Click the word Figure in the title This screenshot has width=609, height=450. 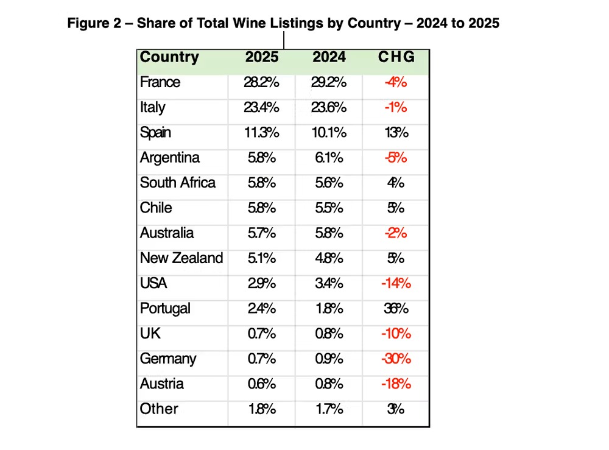tap(90, 24)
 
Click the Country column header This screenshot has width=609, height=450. tap(169, 57)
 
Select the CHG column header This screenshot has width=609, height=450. tap(396, 57)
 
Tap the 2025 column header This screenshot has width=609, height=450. tap(262, 57)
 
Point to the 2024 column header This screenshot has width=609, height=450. tap(329, 57)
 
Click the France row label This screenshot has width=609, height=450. tap(160, 82)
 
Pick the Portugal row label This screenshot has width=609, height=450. tap(165, 308)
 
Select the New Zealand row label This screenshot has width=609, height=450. tap(181, 258)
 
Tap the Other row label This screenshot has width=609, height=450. tap(159, 409)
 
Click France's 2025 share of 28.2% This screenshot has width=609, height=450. tap(262, 83)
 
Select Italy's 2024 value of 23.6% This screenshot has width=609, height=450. tap(329, 108)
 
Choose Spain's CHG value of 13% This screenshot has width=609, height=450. tap(396, 133)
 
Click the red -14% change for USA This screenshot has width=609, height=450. tap(396, 284)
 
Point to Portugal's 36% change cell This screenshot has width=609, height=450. tap(396, 309)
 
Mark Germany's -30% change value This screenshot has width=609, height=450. tap(396, 359)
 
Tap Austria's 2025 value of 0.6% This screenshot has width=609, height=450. tap(262, 384)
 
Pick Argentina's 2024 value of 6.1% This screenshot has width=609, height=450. tap(329, 158)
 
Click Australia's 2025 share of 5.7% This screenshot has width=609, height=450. tap(262, 233)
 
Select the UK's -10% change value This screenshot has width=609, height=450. tap(396, 334)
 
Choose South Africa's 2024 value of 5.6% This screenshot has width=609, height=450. tap(329, 183)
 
